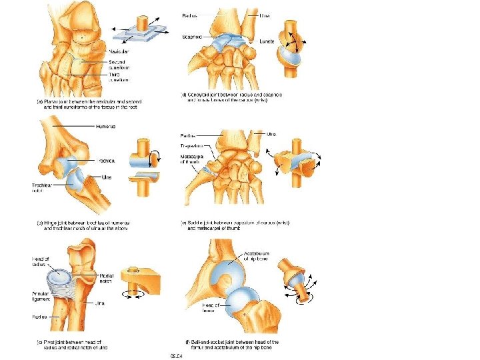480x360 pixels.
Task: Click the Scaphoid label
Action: (193, 37)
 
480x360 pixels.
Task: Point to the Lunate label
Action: (267, 41)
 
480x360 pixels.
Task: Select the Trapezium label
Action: (194, 145)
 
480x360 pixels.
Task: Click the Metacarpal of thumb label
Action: (194, 161)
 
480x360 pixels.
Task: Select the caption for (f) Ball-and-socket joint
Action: (230, 345)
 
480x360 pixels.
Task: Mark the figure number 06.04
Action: (175, 355)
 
